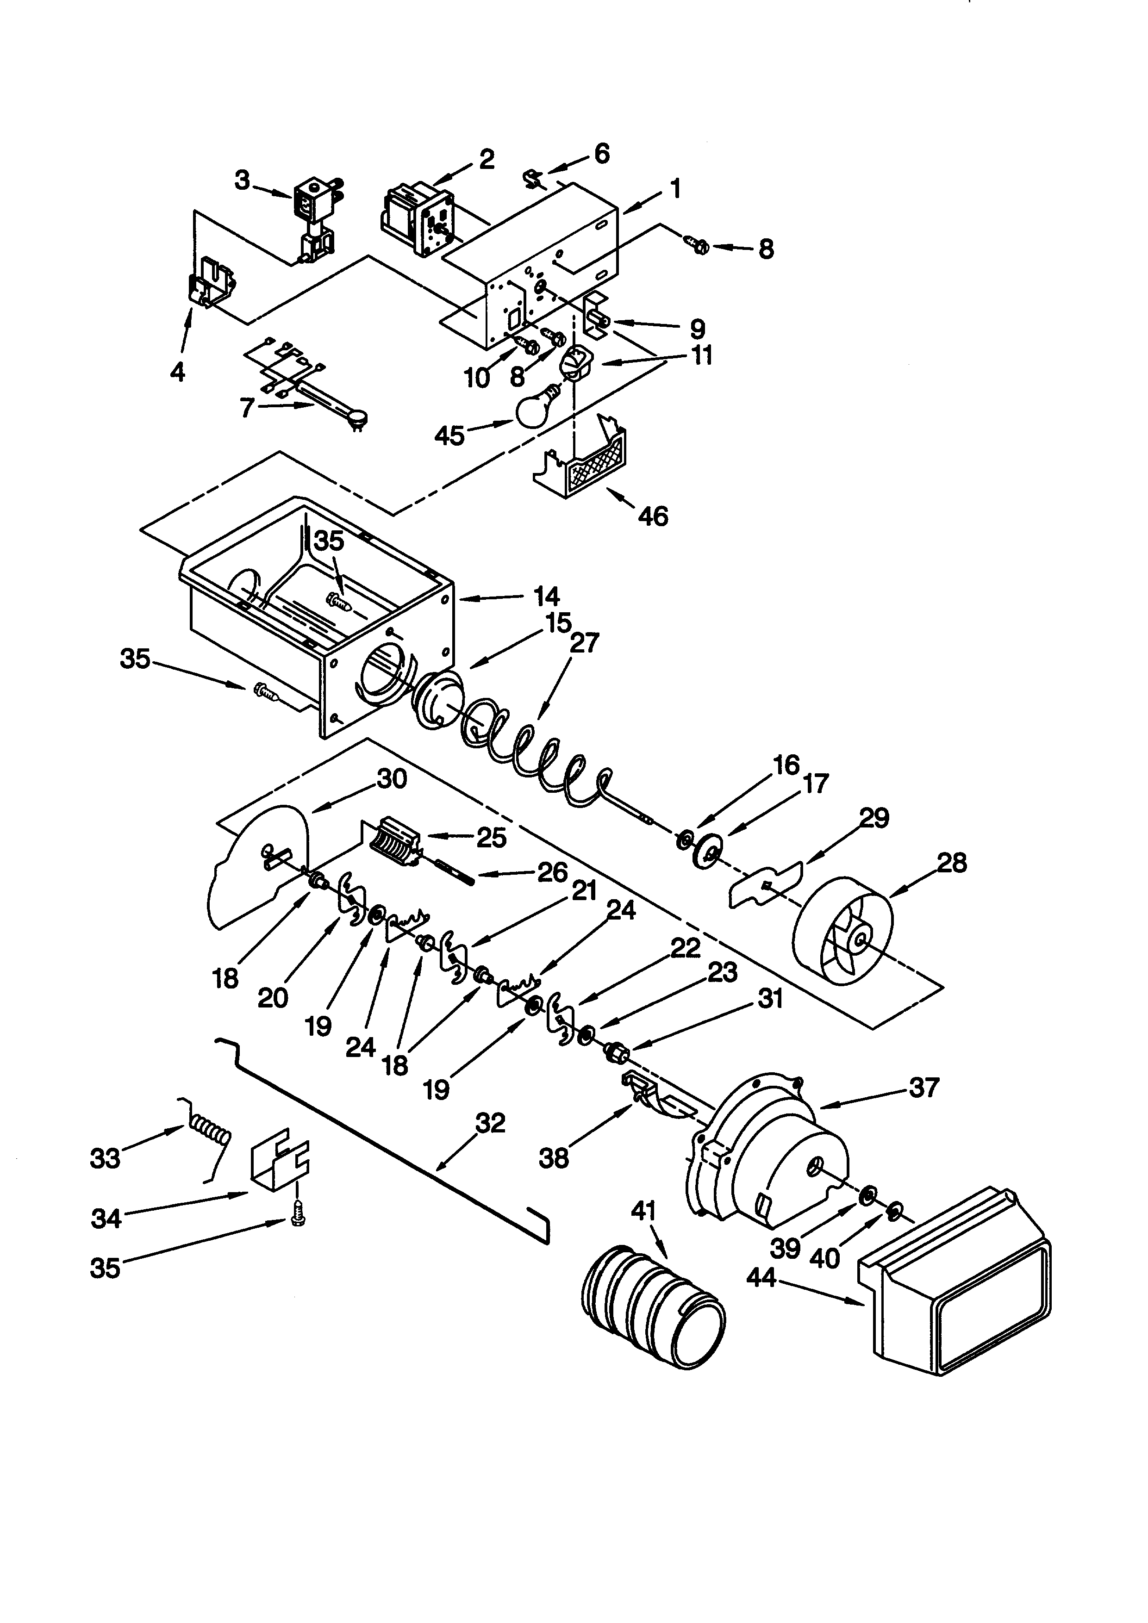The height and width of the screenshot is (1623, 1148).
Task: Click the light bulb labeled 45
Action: [x=537, y=407]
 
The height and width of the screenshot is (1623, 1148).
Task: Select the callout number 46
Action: [x=653, y=517]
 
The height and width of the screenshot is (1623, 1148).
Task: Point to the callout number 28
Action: [x=951, y=863]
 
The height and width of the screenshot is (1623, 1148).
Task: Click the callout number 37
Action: [x=924, y=1087]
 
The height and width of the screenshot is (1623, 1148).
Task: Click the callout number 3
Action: [x=243, y=181]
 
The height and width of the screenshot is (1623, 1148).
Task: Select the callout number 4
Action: [x=177, y=371]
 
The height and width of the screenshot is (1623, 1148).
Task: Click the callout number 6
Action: [x=602, y=153]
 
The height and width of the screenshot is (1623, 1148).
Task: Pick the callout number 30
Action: [x=393, y=779]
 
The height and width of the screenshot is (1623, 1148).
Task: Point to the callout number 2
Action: [x=487, y=160]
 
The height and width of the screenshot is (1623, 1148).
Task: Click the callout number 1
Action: [x=676, y=189]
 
